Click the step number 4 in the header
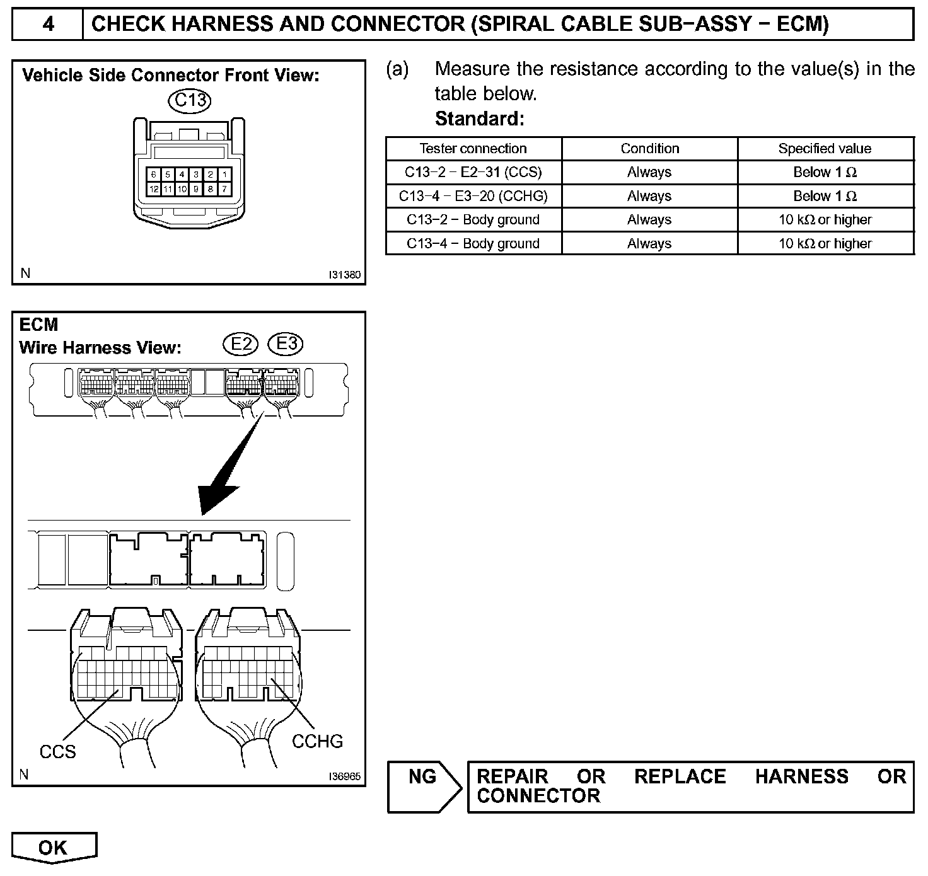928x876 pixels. tap(48, 25)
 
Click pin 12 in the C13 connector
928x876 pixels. tap(153, 188)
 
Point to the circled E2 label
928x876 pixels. tap(241, 344)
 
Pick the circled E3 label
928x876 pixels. tap(286, 344)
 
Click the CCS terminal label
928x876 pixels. tap(57, 752)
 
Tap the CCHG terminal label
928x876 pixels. tap(317, 741)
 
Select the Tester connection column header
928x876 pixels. tap(473, 149)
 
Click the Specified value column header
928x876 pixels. tap(825, 149)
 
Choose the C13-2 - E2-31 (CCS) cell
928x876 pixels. tap(473, 172)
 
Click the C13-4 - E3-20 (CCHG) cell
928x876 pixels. tap(473, 196)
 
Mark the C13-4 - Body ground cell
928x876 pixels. tap(473, 243)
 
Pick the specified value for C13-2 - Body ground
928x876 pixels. tap(825, 220)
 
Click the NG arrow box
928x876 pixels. tap(424, 786)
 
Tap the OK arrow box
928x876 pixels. tap(54, 848)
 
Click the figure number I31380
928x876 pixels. tap(344, 275)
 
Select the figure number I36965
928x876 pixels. tap(344, 776)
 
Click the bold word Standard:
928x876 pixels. tap(479, 118)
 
